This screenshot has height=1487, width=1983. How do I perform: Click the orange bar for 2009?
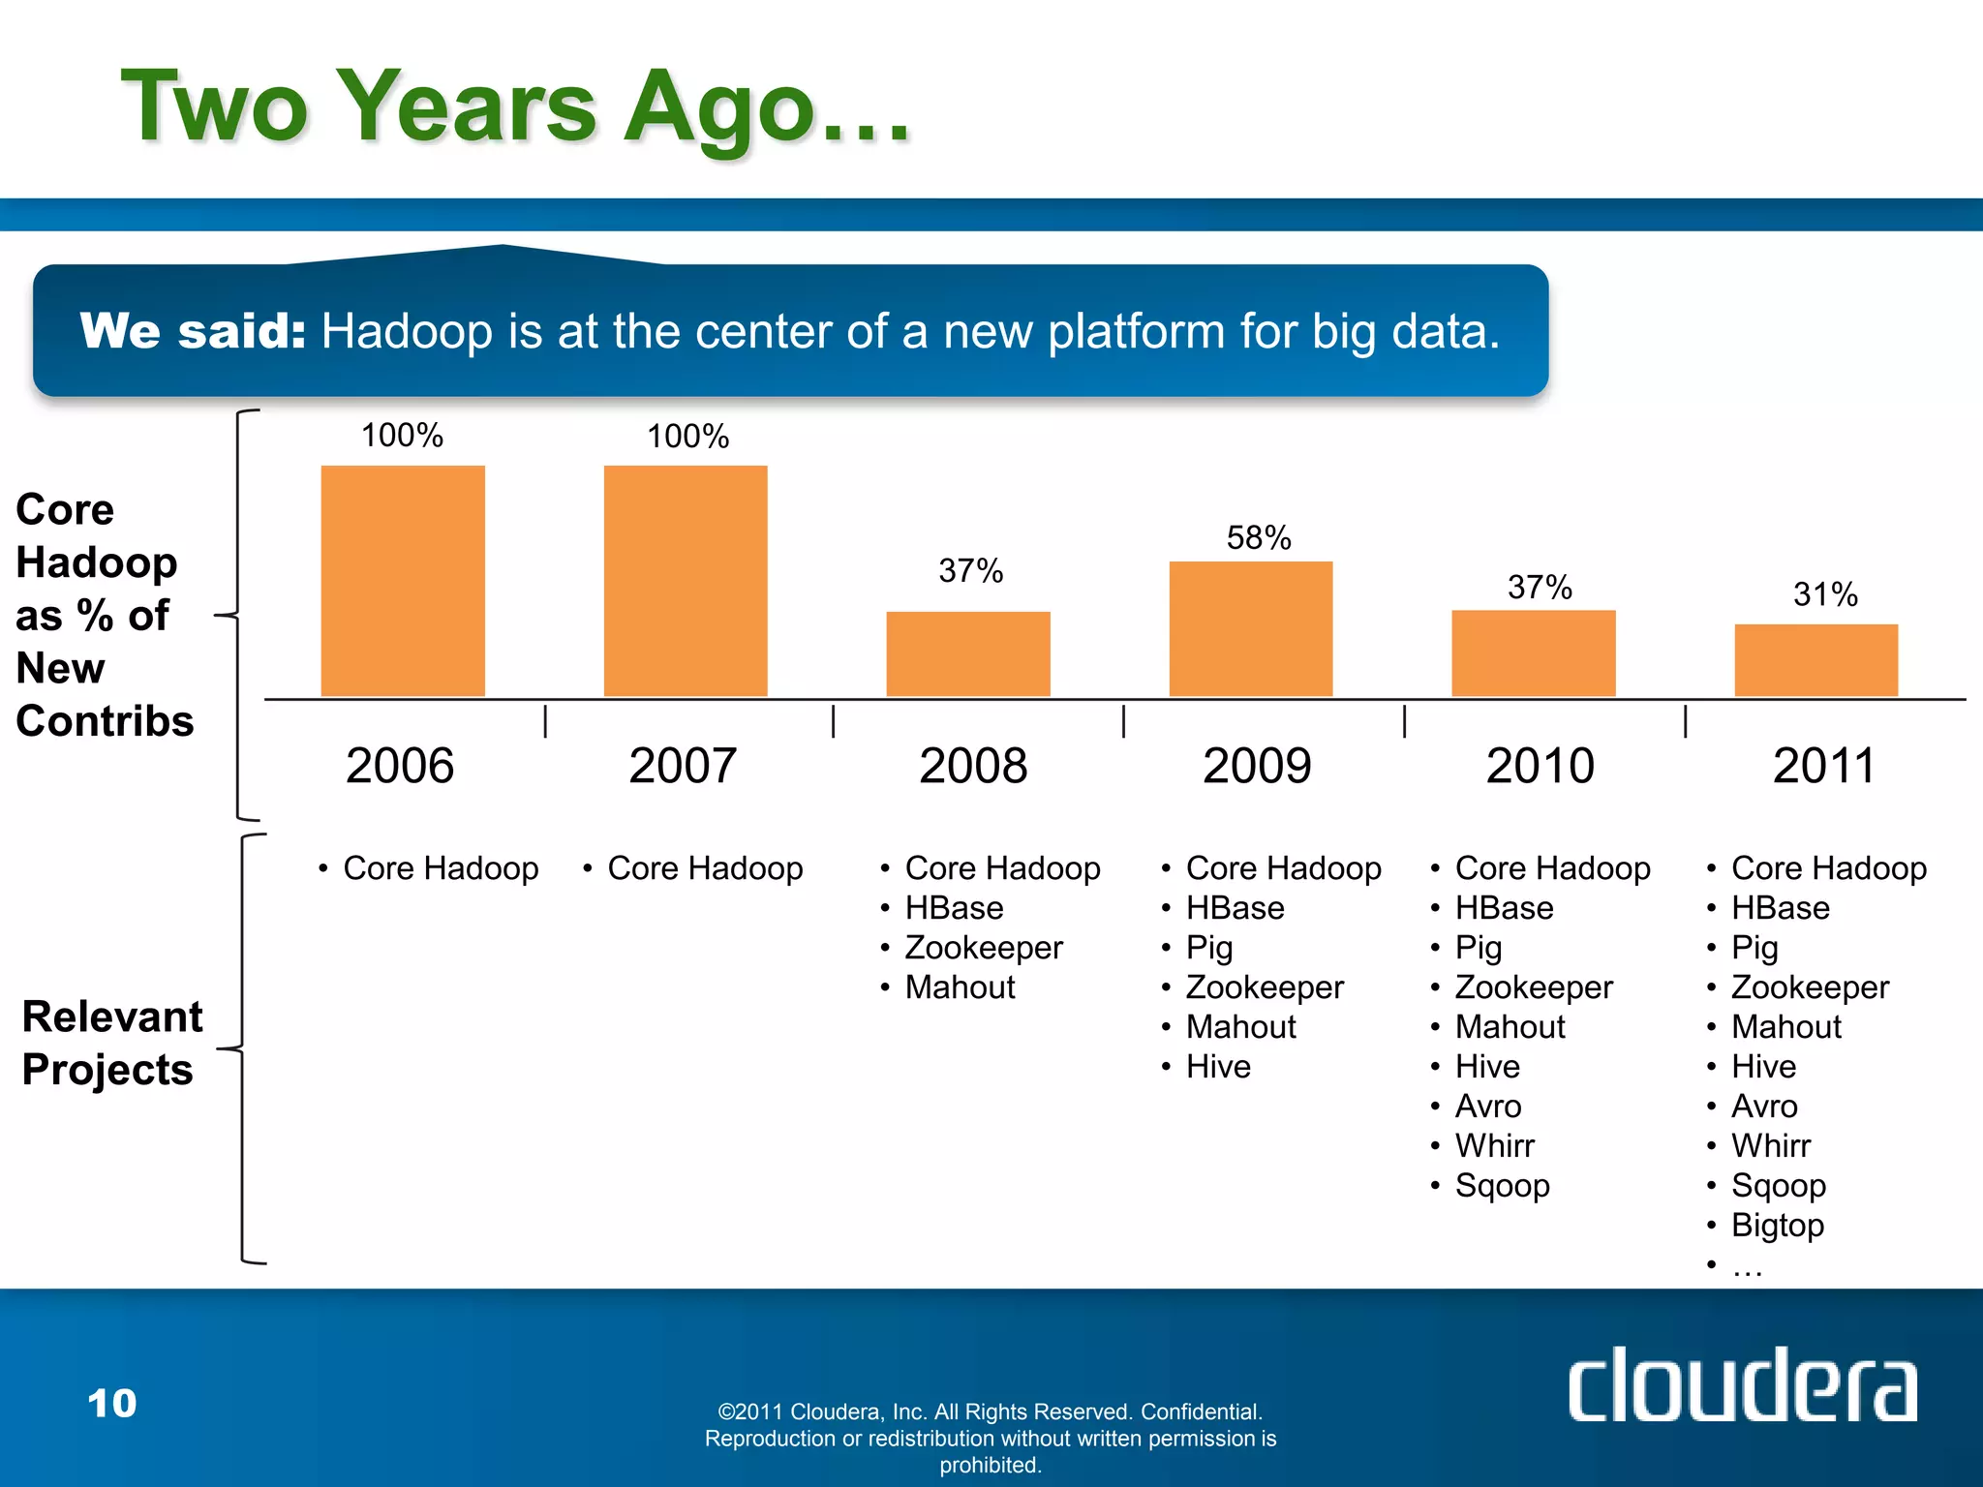(1250, 628)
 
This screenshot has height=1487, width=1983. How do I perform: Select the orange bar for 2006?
(403, 581)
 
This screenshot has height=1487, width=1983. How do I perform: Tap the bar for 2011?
(1815, 660)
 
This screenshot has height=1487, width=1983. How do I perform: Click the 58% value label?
(1258, 538)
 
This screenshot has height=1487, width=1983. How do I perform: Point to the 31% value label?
(1824, 594)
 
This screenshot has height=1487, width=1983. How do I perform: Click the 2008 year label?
(972, 766)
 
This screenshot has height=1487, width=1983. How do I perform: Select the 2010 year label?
(1540, 766)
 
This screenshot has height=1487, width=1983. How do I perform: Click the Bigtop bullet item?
(1777, 1226)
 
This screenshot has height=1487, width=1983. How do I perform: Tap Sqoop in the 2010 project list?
(1502, 1186)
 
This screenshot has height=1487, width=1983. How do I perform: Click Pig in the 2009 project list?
(1209, 948)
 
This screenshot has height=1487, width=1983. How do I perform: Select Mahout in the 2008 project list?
(960, 987)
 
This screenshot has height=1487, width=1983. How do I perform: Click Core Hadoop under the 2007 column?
(705, 868)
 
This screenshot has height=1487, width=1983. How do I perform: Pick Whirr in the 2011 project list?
(1770, 1146)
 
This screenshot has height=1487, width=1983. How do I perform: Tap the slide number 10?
(112, 1404)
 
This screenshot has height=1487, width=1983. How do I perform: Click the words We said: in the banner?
(193, 331)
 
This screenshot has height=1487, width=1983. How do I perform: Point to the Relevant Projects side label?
(111, 1044)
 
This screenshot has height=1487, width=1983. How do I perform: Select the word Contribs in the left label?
(105, 721)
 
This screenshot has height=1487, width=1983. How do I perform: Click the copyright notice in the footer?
(990, 1438)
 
